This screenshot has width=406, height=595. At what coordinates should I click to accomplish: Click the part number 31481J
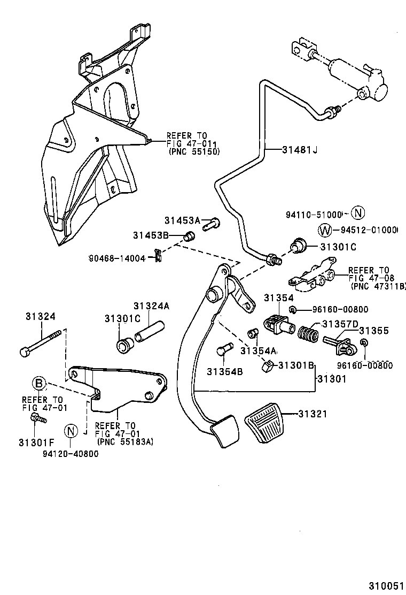pyautogui.click(x=300, y=150)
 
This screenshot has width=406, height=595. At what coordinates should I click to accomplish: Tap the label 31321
pyautogui.click(x=313, y=414)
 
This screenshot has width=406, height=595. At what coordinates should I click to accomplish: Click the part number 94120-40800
pyautogui.click(x=71, y=454)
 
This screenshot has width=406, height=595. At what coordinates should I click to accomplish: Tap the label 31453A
pyautogui.click(x=182, y=220)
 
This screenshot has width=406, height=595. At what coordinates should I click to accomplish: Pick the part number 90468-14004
pyautogui.click(x=117, y=258)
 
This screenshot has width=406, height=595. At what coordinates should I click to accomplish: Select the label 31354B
pyautogui.click(x=225, y=371)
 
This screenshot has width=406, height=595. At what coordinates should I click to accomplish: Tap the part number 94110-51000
pyautogui.click(x=313, y=214)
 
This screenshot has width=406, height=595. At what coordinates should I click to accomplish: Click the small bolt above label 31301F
pyautogui.click(x=37, y=418)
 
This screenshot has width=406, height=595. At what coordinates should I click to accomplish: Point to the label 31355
pyautogui.click(x=374, y=331)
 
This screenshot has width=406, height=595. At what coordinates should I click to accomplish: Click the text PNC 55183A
pyautogui.click(x=124, y=441)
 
